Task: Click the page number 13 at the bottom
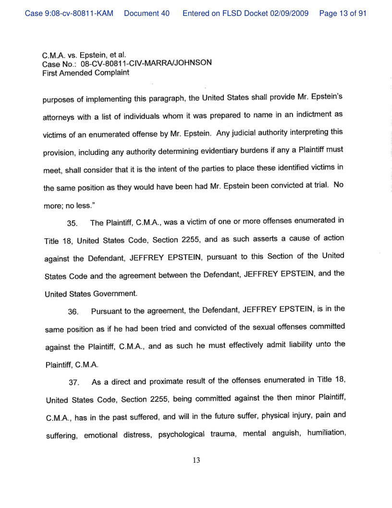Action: (196, 460)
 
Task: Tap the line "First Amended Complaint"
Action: (86, 73)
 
